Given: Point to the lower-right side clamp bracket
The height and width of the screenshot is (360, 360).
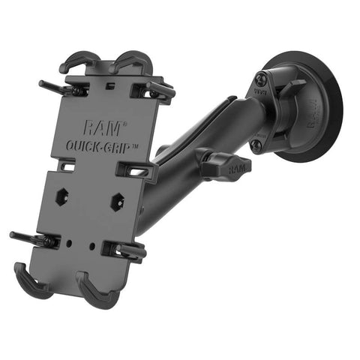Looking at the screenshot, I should (124, 251).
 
